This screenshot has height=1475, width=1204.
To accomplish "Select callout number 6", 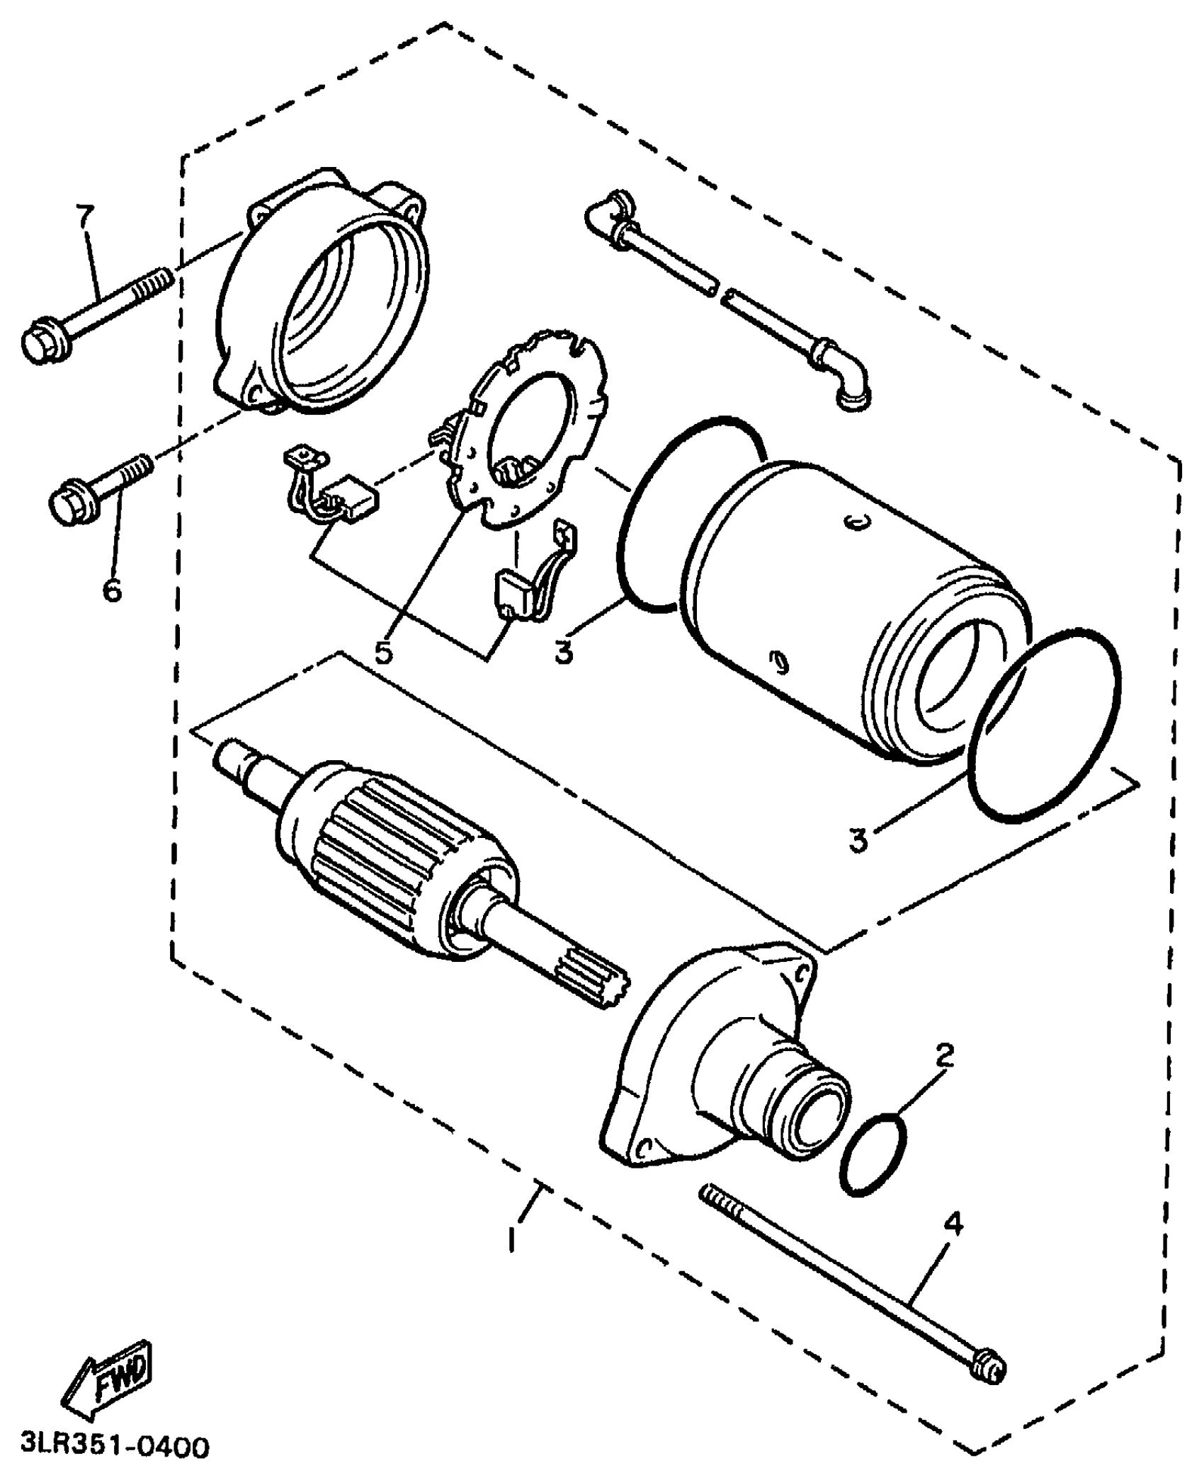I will [112, 588].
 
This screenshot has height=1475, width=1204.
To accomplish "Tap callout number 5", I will [383, 652].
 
